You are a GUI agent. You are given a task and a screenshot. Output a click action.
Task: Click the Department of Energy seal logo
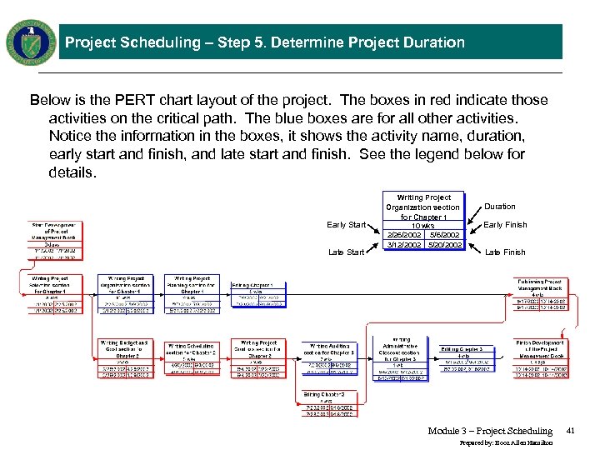31,42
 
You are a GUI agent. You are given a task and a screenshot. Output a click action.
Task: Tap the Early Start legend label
346,225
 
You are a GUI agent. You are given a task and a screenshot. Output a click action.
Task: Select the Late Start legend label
347,252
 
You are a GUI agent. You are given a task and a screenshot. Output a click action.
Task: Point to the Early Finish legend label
505,225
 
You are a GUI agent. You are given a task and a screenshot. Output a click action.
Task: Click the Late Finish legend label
505,252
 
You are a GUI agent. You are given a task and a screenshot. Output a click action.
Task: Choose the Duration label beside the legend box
500,207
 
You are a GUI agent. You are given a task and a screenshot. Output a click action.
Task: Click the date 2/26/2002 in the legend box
404,235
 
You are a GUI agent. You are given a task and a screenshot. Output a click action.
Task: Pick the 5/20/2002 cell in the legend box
443,245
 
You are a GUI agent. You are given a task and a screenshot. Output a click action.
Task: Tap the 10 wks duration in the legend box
423,226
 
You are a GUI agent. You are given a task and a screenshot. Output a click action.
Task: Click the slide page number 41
571,430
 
